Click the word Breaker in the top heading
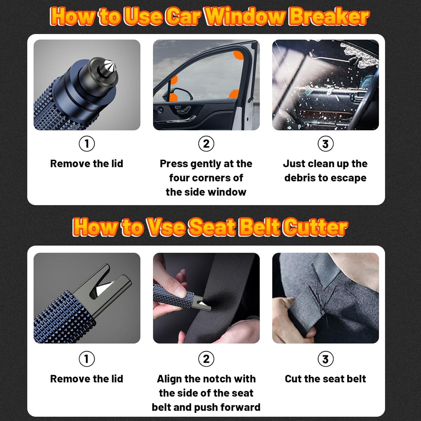point(329,17)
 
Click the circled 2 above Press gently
point(206,144)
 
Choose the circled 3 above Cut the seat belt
point(325,359)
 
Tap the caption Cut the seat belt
point(325,379)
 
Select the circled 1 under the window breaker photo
point(87,144)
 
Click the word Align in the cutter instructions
point(169,379)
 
